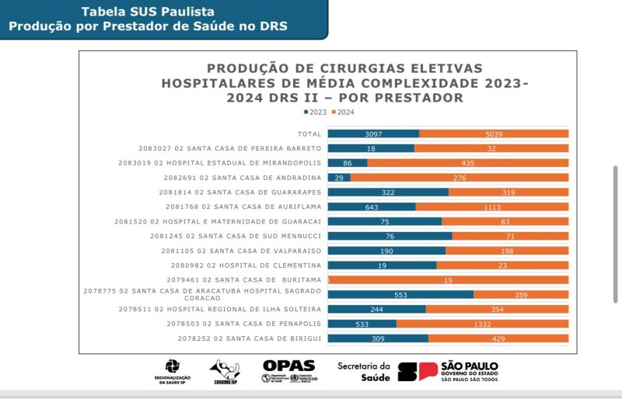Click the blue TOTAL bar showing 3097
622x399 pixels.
(373, 134)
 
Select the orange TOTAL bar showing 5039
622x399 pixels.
(494, 134)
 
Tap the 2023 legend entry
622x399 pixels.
(315, 112)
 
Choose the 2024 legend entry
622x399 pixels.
(344, 112)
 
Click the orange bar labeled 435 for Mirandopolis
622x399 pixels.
(468, 163)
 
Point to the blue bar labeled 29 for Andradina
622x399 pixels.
(339, 178)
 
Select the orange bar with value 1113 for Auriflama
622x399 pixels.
(492, 206)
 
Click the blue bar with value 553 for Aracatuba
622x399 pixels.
(400, 294)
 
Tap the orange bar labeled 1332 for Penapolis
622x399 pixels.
(482, 324)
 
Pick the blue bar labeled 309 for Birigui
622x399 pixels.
(378, 338)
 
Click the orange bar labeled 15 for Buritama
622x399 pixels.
(449, 279)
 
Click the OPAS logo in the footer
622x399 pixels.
(288, 371)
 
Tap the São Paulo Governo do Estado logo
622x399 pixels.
(448, 371)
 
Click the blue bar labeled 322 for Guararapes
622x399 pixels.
(388, 192)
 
